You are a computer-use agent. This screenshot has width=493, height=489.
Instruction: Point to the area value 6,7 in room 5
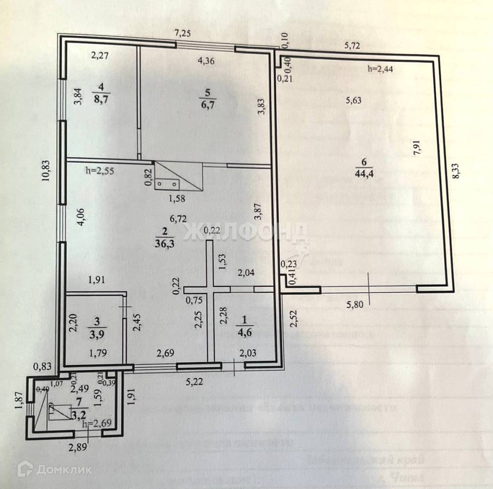click(208, 105)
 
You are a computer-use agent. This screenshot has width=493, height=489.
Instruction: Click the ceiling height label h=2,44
click(381, 69)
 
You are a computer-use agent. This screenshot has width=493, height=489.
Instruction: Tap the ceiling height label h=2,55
click(99, 171)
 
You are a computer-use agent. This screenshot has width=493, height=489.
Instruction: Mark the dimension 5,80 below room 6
click(356, 305)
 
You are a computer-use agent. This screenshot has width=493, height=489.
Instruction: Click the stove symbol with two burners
click(168, 183)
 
